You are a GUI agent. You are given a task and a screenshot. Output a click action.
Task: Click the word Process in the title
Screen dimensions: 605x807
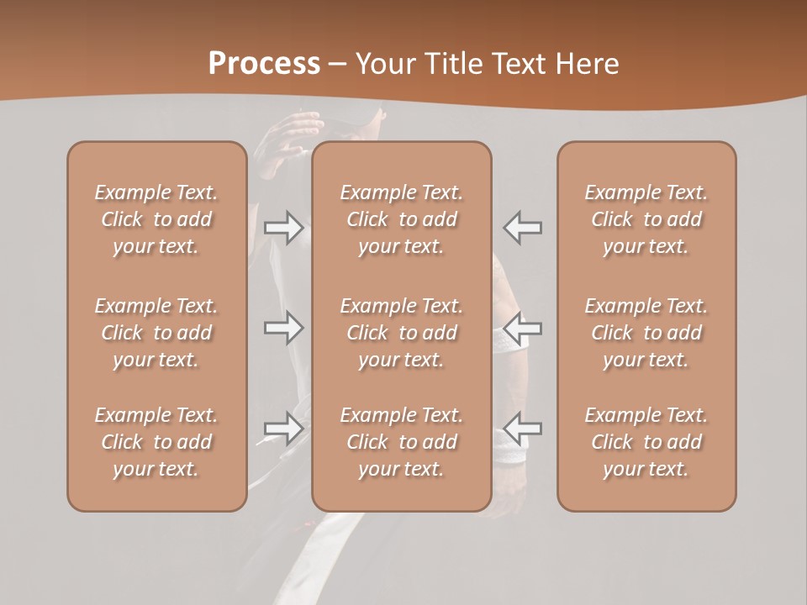coord(264,64)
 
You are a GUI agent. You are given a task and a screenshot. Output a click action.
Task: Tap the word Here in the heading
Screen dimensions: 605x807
coord(586,64)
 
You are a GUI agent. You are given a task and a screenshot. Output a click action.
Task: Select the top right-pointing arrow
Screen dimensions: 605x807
coord(283,228)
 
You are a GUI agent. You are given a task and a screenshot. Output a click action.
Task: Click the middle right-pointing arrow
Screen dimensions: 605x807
coord(283,328)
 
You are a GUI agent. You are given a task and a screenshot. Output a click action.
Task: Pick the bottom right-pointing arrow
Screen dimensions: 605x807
coord(283,428)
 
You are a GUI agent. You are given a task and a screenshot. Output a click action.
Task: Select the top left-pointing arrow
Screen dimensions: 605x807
coord(523,228)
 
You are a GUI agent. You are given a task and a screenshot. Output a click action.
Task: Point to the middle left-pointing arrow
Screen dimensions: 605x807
coord(523,328)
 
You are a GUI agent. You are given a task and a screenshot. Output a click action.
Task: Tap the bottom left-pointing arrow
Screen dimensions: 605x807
coord(523,428)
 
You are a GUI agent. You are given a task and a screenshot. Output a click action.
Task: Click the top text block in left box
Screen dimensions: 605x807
coord(156,219)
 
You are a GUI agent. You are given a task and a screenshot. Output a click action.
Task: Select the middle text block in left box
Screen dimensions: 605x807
coord(156,333)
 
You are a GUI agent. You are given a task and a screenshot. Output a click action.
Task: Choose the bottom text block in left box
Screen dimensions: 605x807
coord(156,442)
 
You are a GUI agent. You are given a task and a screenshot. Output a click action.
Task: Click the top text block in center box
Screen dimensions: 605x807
coord(402,219)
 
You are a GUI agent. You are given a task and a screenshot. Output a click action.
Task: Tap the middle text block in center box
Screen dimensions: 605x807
coord(402,333)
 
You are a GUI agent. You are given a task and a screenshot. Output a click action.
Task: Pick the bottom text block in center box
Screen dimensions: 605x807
coord(402,442)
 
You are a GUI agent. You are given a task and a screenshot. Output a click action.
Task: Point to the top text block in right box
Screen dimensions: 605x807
coord(646,219)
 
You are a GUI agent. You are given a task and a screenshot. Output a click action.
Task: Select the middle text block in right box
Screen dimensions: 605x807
coord(646,333)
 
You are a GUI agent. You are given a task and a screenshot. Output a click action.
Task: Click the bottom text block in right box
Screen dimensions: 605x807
coord(646,442)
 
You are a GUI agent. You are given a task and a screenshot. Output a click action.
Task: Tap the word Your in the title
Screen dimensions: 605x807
coord(384,64)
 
